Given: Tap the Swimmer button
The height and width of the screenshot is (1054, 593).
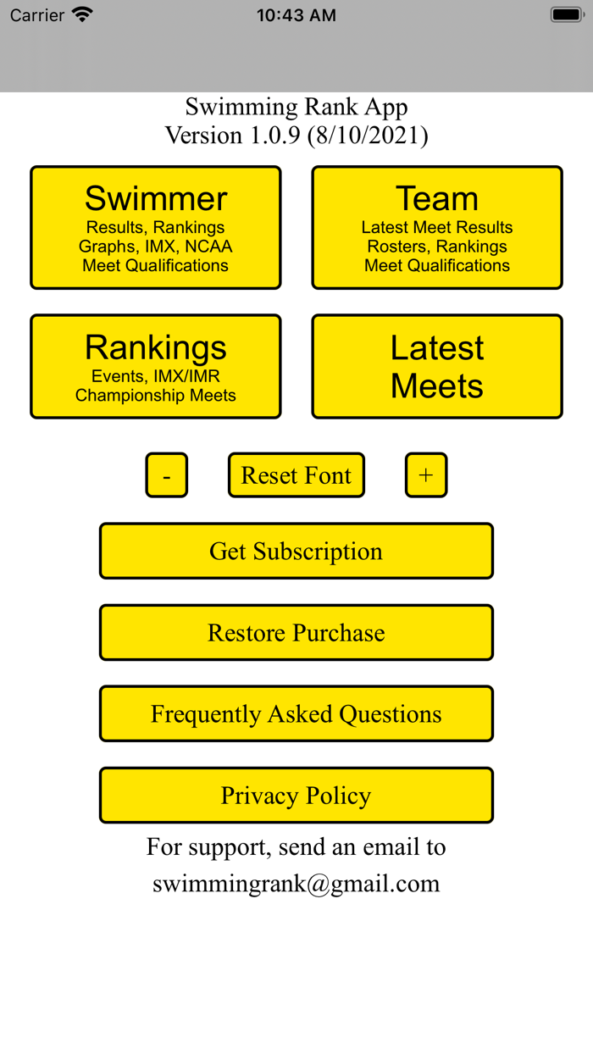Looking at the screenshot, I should (x=156, y=227).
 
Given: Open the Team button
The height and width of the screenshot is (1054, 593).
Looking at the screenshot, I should (x=437, y=227).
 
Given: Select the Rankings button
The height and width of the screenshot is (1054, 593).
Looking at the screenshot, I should (x=156, y=366).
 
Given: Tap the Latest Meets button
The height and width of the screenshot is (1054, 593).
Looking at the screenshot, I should (x=437, y=366).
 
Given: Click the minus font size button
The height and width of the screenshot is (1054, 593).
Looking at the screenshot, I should (x=167, y=475).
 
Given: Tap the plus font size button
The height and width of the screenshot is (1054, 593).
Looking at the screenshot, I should (x=426, y=475).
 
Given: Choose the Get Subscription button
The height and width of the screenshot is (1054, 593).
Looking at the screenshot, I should (x=296, y=551).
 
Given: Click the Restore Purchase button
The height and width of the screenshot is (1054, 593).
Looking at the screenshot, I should (x=296, y=632).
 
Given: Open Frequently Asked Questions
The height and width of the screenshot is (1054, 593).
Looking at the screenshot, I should (x=296, y=713).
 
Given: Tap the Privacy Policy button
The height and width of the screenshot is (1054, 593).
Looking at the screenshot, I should (x=296, y=795).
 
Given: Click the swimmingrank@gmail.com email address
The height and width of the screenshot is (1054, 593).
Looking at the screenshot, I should (x=296, y=884).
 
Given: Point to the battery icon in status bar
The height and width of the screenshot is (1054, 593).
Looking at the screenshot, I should (x=567, y=14).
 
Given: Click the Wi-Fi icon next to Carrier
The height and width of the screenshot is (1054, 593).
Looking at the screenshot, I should (x=82, y=14).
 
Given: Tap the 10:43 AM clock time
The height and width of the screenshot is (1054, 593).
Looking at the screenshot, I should (x=296, y=15).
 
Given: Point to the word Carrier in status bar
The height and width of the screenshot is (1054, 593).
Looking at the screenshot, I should (x=36, y=15).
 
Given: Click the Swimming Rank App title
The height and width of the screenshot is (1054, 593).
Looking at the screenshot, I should (x=296, y=107).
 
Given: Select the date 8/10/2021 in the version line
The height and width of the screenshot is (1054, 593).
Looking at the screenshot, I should (x=369, y=136).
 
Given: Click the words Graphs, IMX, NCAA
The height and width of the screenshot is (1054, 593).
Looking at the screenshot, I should (x=156, y=247).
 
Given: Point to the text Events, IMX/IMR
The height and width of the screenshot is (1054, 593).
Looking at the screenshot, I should (x=156, y=376).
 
